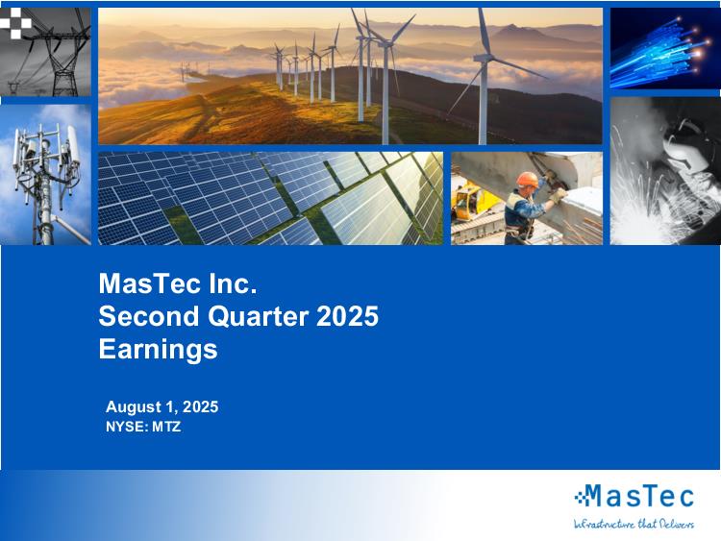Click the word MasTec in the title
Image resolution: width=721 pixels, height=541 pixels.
150,283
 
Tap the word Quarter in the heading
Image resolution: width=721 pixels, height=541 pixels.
258,316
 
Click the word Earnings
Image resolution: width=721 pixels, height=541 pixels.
158,350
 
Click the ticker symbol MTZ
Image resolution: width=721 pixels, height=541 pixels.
166,427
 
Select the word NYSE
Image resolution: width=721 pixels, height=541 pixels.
127,427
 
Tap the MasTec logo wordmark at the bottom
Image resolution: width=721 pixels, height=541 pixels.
641,496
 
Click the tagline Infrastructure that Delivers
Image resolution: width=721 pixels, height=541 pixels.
634,524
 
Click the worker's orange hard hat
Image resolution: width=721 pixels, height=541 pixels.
527,180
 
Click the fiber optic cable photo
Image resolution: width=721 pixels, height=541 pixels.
665,48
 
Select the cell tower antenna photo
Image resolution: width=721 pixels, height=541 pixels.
45,175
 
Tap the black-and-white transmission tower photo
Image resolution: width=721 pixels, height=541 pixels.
45,52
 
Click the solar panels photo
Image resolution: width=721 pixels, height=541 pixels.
270,198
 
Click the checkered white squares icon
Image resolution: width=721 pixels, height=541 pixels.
15,22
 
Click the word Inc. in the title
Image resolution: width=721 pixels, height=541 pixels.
233,283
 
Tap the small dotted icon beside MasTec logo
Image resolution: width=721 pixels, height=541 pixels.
581,496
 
